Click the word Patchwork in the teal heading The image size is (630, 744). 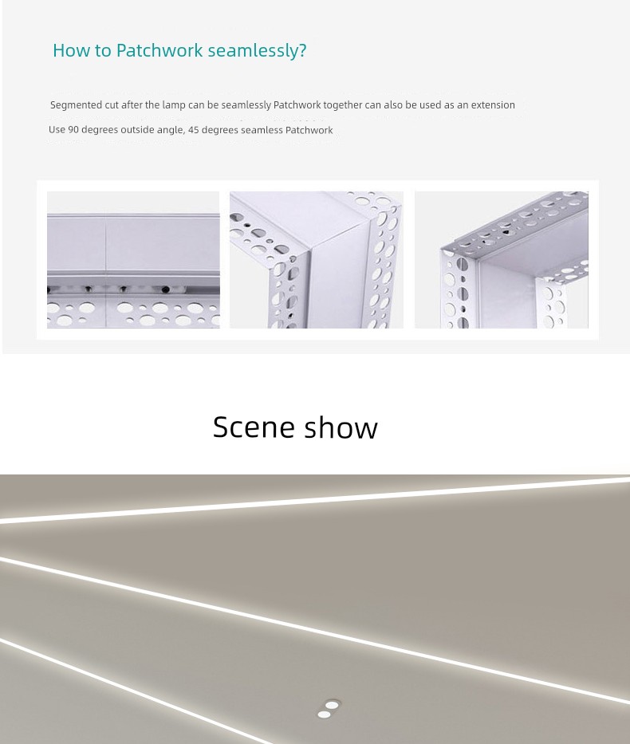[159, 50]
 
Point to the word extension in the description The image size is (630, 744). [493, 105]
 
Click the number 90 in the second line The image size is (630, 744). [73, 130]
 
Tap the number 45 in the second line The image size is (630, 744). [194, 130]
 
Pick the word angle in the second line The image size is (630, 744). [171, 131]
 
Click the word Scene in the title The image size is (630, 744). [254, 427]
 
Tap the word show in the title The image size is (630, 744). [341, 427]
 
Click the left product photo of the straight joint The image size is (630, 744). [133, 259]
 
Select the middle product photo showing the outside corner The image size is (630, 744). [317, 259]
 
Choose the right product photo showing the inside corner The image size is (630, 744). [502, 259]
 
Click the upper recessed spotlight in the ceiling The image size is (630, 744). [332, 705]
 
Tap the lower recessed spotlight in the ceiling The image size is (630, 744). [324, 714]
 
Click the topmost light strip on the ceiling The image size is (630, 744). [315, 501]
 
